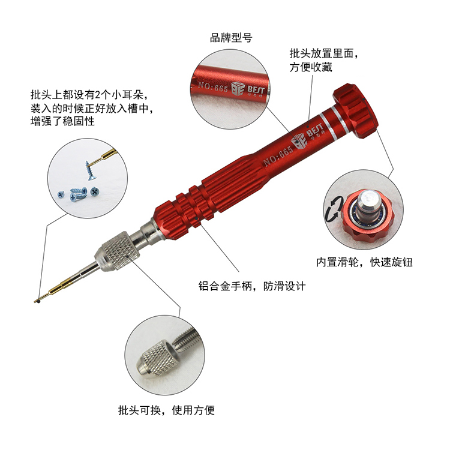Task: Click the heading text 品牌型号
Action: click(231, 38)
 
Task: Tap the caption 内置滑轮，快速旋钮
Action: click(364, 262)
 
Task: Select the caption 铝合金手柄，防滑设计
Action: click(252, 286)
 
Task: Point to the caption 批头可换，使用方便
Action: click(166, 410)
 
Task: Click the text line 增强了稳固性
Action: click(62, 121)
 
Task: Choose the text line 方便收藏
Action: click(311, 67)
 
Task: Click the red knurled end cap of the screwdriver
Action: click(356, 111)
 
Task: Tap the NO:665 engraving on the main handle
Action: click(278, 157)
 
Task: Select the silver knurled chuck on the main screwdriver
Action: click(117, 251)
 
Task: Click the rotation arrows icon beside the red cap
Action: click(334, 209)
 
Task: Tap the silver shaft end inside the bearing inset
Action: click(369, 205)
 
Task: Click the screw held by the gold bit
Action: click(90, 170)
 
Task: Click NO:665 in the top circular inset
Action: click(212, 86)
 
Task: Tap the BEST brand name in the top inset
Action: click(256, 90)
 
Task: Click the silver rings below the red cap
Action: click(334, 122)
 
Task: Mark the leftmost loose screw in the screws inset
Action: click(61, 195)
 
